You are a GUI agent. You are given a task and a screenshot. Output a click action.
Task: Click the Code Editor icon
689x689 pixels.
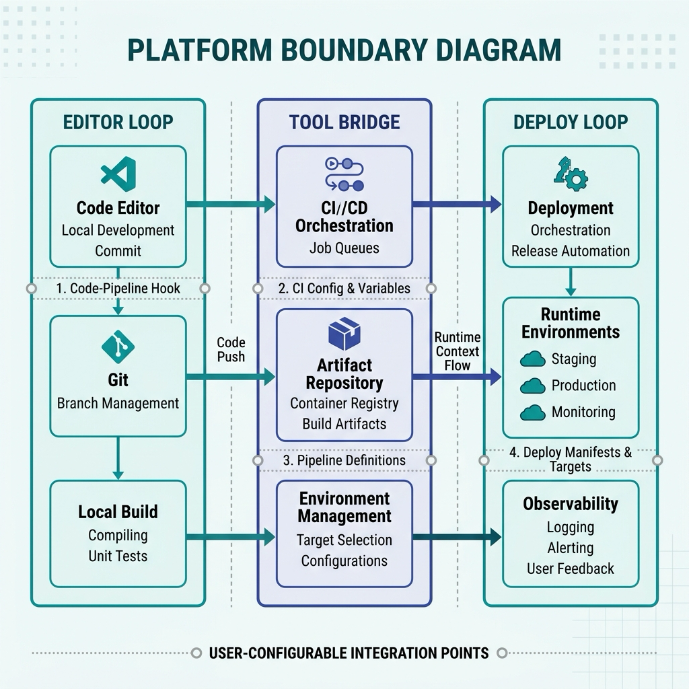pyautogui.click(x=118, y=174)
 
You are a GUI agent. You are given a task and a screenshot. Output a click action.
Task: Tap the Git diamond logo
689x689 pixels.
pyautogui.click(x=118, y=347)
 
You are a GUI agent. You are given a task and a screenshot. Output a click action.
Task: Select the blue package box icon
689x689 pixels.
pyautogui.click(x=344, y=334)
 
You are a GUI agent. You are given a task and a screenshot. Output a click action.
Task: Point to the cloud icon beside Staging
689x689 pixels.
pyautogui.click(x=533, y=359)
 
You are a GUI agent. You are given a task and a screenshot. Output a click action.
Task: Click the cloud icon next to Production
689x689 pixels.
pyautogui.click(x=533, y=386)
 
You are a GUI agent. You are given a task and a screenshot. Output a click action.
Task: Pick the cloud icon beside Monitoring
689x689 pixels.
pyautogui.click(x=533, y=412)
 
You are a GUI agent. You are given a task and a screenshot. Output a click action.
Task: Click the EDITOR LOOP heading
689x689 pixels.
pyautogui.click(x=118, y=122)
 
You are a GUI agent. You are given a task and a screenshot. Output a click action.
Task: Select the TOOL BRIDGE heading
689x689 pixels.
pyautogui.click(x=344, y=122)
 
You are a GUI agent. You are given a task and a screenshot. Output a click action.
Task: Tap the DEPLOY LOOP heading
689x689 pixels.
pyautogui.click(x=571, y=122)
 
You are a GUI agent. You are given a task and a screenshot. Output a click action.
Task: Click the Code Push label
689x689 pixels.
pyautogui.click(x=231, y=350)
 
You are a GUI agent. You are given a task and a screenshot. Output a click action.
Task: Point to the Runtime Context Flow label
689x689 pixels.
pyautogui.click(x=458, y=351)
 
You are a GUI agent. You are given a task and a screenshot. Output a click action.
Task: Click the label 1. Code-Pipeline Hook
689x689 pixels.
pyautogui.click(x=118, y=288)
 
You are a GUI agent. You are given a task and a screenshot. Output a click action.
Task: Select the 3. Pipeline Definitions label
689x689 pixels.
pyautogui.click(x=344, y=460)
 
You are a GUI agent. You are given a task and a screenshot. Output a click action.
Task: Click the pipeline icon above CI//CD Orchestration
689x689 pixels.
pyautogui.click(x=344, y=174)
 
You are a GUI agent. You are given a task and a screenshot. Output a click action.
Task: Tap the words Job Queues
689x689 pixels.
pyautogui.click(x=344, y=248)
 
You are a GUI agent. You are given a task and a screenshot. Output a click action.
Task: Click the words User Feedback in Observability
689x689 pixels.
pyautogui.click(x=571, y=569)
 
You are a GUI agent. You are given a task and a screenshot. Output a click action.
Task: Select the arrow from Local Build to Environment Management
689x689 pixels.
pyautogui.click(x=231, y=537)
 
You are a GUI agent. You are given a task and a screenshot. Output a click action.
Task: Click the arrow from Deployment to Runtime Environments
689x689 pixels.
pyautogui.click(x=571, y=282)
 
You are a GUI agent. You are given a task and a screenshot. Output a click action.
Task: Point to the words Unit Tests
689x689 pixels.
pyautogui.click(x=118, y=556)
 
